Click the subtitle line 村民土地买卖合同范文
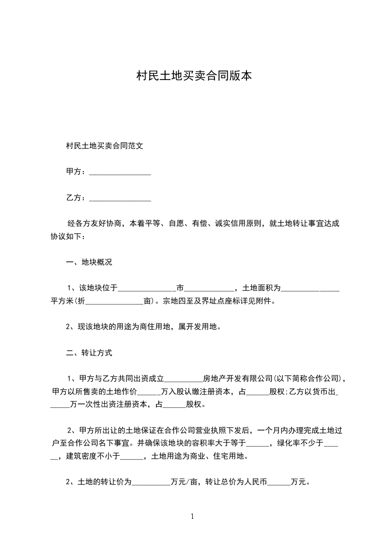pos(105,145)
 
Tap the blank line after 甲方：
pos(121,173)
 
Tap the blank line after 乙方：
pos(121,199)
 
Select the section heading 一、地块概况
pos(89,262)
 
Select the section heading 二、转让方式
pos(89,353)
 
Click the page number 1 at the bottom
pos(192,516)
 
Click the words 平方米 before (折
pos(62,301)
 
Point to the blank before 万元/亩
pos(152,483)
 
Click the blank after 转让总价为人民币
pos(279,483)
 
